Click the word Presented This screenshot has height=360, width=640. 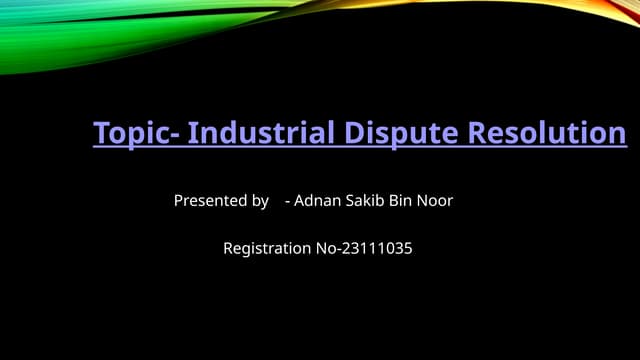(x=207, y=201)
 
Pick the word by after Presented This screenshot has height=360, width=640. (x=259, y=201)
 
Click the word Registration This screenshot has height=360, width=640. (x=267, y=248)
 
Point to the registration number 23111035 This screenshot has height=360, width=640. (x=375, y=248)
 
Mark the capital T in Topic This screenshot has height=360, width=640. (x=100, y=133)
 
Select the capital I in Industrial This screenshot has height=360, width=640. (x=192, y=133)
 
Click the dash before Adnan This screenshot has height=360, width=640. (x=288, y=202)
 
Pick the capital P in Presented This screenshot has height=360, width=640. (x=179, y=201)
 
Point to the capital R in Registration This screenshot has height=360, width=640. (x=228, y=248)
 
